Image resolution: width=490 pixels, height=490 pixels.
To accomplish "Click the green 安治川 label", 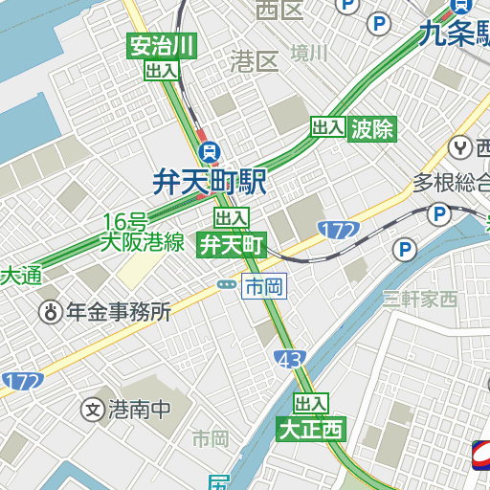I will [x=163, y=46].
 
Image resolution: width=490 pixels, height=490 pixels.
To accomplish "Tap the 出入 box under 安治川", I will [x=163, y=70].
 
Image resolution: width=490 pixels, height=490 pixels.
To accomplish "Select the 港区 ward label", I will [x=255, y=62].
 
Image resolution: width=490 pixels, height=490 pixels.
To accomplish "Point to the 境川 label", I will [x=309, y=53].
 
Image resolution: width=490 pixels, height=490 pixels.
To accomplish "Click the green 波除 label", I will [x=372, y=128].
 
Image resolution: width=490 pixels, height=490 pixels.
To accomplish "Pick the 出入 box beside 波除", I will [x=328, y=127].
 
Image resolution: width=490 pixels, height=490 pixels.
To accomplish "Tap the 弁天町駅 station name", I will [x=210, y=182].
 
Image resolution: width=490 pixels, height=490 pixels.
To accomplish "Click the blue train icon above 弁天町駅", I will [x=210, y=151].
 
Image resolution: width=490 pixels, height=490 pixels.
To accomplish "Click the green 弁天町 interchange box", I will [x=231, y=245].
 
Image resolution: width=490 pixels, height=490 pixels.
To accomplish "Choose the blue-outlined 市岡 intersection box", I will [x=264, y=286].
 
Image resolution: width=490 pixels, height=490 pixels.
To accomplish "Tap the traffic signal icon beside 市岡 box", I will [x=227, y=284].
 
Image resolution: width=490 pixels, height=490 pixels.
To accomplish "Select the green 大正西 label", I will [x=310, y=429].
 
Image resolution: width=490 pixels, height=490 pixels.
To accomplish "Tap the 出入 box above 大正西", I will [x=311, y=404].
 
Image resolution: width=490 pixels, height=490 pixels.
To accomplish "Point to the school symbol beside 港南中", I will [x=93, y=410].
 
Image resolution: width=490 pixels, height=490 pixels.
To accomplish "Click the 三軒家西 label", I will [x=420, y=299].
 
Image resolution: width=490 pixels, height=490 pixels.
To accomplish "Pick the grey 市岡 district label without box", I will [x=211, y=438].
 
